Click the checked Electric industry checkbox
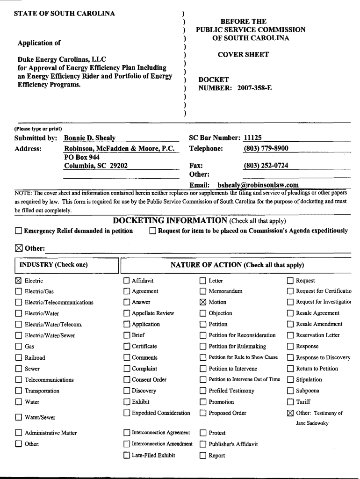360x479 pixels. pyautogui.click(x=18, y=281)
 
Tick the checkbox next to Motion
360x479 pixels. pyautogui.click(x=203, y=302)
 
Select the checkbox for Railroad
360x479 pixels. pyautogui.click(x=18, y=358)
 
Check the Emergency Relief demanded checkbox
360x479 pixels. pyautogui.click(x=18, y=231)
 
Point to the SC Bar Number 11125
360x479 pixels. pyautogui.click(x=253, y=138)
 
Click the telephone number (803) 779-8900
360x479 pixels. pyautogui.click(x=266, y=149)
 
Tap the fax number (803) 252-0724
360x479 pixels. pyautogui.click(x=266, y=166)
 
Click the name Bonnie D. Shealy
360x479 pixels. pyautogui.click(x=90, y=138)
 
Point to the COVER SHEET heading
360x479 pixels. pyautogui.click(x=243, y=55)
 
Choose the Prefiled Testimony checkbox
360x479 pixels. pyautogui.click(x=203, y=391)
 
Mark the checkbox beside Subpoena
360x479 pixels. pyautogui.click(x=290, y=391)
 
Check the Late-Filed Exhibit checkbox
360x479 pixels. pyautogui.click(x=127, y=455)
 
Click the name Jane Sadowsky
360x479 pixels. pyautogui.click(x=312, y=423)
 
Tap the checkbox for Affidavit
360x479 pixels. pyautogui.click(x=127, y=281)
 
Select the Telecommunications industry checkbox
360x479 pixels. pyautogui.click(x=18, y=380)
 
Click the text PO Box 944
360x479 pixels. pyautogui.click(x=82, y=158)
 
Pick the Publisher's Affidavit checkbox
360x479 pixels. pyautogui.click(x=203, y=444)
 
